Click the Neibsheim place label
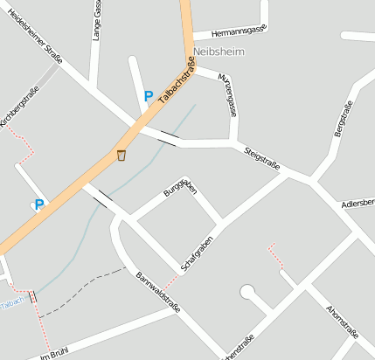(219, 52)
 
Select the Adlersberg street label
(358, 203)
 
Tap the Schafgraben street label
(198, 252)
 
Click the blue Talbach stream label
(11, 302)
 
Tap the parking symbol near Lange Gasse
(148, 96)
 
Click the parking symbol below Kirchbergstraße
(38, 204)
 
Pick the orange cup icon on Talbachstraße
(122, 156)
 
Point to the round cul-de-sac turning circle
(247, 291)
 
